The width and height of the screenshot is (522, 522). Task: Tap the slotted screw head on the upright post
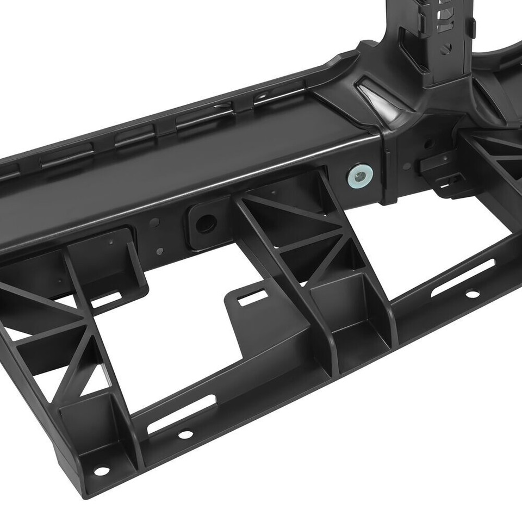coord(446,48)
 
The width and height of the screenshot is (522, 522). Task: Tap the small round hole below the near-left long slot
coord(185,434)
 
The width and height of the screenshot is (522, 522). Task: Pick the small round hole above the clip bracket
coord(430,145)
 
